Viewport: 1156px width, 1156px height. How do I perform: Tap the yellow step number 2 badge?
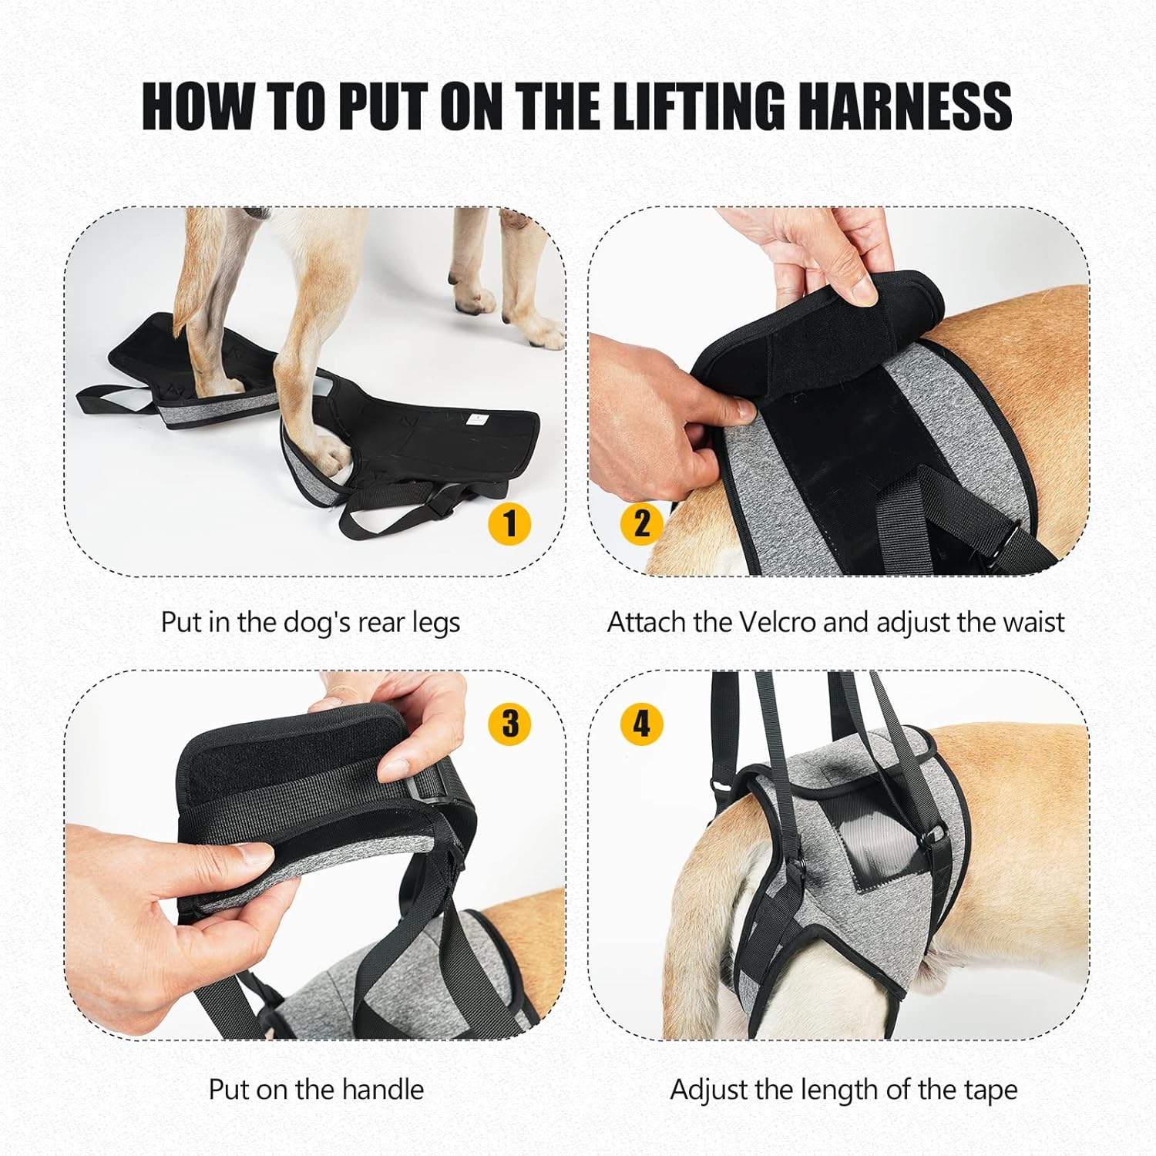(642, 523)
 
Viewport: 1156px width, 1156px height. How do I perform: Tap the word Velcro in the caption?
(777, 622)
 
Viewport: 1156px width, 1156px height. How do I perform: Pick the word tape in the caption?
(990, 1090)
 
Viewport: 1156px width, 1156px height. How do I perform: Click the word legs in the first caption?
(435, 623)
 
